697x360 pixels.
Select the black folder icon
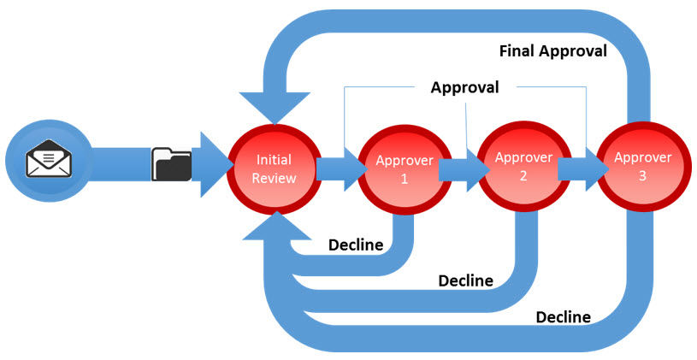[171, 163]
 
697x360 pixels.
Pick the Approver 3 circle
[642, 167]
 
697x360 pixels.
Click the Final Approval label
[552, 51]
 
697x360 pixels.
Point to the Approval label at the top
[464, 87]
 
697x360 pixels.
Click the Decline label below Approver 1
[356, 245]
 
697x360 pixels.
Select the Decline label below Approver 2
[465, 280]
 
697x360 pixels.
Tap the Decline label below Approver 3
[563, 317]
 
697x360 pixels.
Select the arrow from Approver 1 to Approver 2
[458, 168]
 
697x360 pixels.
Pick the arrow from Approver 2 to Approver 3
[580, 168]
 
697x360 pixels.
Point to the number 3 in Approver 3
[642, 174]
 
